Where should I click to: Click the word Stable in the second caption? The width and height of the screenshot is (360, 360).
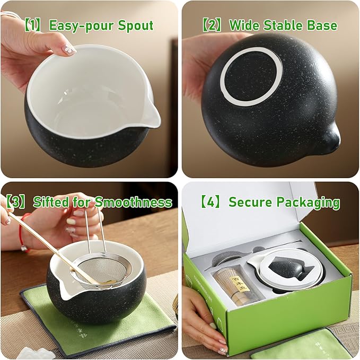[286, 25]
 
